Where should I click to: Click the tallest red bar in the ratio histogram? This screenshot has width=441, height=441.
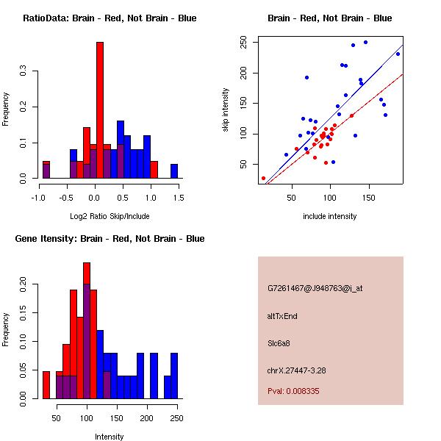[100, 110]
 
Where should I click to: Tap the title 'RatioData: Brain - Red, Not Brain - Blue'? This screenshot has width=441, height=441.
[109, 18]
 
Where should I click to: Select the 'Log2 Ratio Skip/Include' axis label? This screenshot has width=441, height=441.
[109, 216]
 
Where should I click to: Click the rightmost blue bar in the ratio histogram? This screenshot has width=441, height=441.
[174, 171]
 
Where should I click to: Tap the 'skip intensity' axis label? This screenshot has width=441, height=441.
[226, 110]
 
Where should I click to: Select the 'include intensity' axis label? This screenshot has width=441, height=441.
[330, 216]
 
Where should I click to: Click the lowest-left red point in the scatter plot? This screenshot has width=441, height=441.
[263, 178]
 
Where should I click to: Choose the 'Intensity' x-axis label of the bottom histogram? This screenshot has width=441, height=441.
[109, 437]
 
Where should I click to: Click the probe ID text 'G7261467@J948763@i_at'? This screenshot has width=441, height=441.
[315, 288]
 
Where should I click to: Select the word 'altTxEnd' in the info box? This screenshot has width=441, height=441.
[282, 316]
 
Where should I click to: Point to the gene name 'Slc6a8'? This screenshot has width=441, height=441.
[280, 343]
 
